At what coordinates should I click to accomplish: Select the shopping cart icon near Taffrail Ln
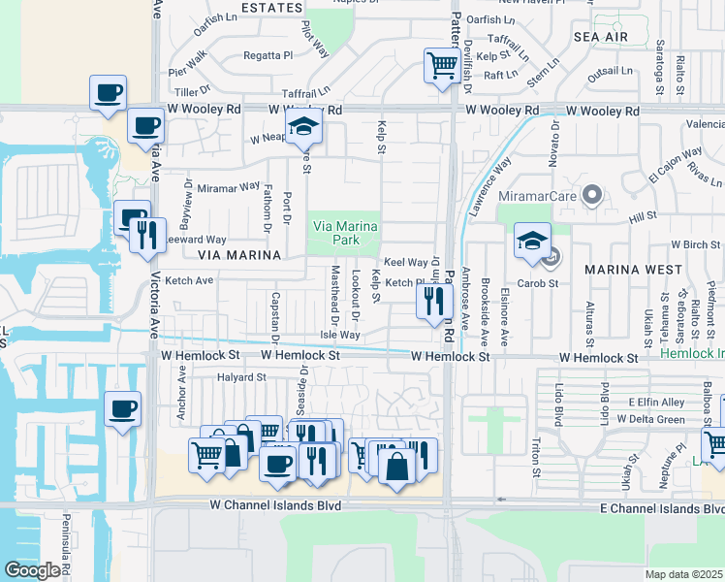click(x=442, y=66)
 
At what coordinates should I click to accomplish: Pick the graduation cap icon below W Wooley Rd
click(x=303, y=127)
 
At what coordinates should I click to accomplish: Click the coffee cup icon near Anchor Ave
click(x=122, y=408)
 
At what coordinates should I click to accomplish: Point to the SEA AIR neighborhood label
click(x=600, y=37)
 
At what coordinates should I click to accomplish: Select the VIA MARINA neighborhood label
click(x=238, y=255)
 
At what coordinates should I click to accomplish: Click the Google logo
click(x=32, y=570)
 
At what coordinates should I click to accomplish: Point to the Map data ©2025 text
click(x=684, y=574)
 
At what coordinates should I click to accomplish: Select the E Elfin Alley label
click(x=656, y=402)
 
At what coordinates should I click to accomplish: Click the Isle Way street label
click(x=340, y=335)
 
